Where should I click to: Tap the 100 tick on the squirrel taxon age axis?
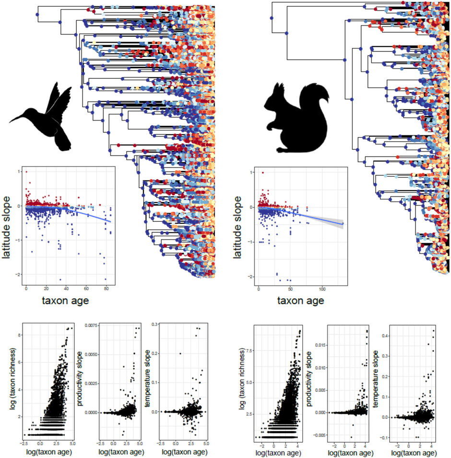322,289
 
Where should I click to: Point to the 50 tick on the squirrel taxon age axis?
290,289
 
